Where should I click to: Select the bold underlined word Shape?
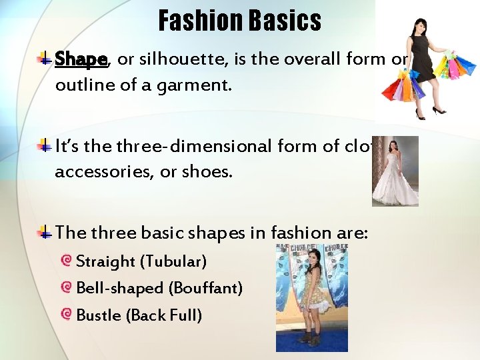81,59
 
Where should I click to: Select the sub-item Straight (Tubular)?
141,261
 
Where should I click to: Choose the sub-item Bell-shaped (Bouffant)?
159,288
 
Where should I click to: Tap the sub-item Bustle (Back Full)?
139,315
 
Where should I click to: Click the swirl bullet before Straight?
66,261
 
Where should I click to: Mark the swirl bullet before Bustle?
66,314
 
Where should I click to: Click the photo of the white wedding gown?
395,172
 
